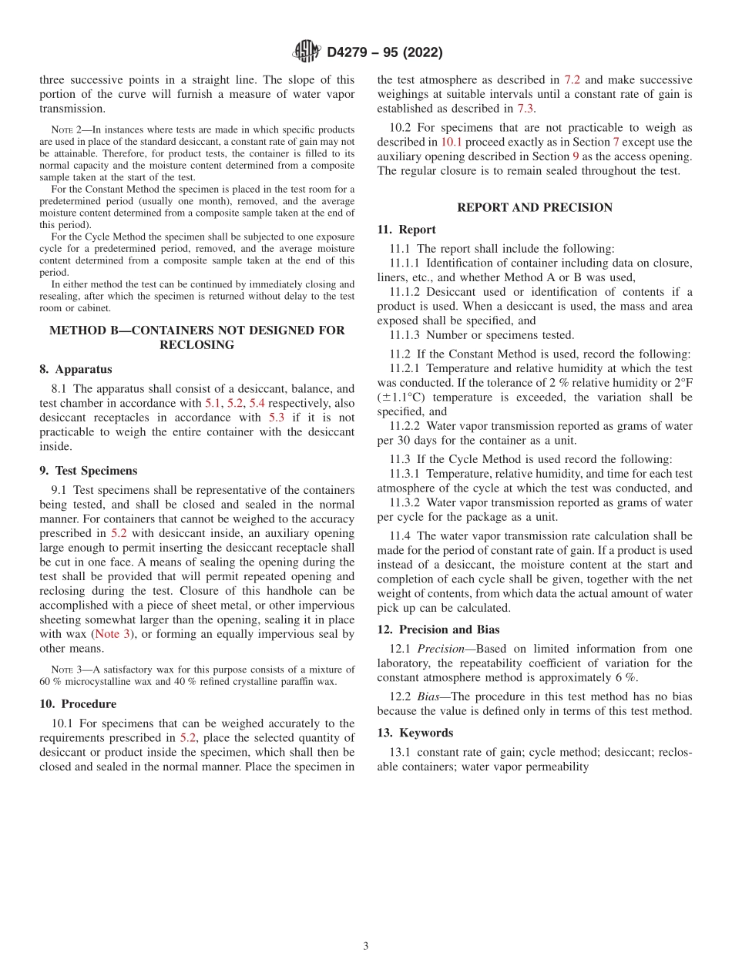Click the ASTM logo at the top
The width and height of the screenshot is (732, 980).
point(307,52)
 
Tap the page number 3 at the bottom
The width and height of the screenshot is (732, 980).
point(366,946)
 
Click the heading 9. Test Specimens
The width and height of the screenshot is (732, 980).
point(88,470)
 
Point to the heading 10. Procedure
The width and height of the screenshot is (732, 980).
point(78,703)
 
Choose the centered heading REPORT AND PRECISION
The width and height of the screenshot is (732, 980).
point(535,207)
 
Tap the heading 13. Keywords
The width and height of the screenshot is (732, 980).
point(415,732)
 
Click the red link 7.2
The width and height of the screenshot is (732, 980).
point(573,79)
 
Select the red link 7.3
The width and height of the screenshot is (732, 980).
point(525,109)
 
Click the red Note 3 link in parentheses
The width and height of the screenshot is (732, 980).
point(112,633)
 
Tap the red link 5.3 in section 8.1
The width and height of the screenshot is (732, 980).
point(277,418)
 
